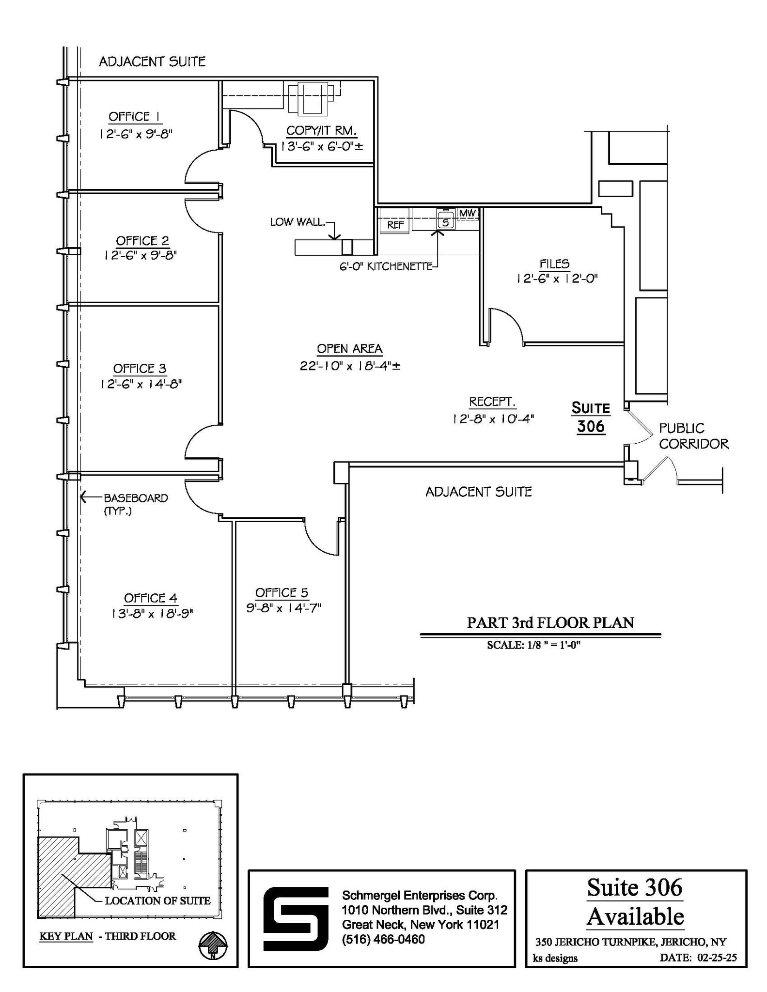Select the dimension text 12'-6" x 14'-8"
pyautogui.click(x=141, y=384)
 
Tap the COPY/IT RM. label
pyautogui.click(x=321, y=130)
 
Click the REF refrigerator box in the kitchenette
pyautogui.click(x=395, y=225)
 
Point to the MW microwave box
pyautogui.click(x=468, y=213)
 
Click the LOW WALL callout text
pyautogui.click(x=297, y=222)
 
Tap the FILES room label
pyautogui.click(x=555, y=264)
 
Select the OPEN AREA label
pyautogui.click(x=349, y=349)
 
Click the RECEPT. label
pyautogui.click(x=492, y=402)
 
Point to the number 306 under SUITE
pyautogui.click(x=591, y=426)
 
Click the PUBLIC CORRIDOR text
pyautogui.click(x=693, y=436)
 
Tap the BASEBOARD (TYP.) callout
pyautogui.click(x=135, y=504)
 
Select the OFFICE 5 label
pyautogui.click(x=282, y=592)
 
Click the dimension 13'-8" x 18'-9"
pyautogui.click(x=152, y=613)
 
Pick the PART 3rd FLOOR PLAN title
pyautogui.click(x=550, y=622)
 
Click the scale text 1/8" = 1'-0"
pyautogui.click(x=533, y=645)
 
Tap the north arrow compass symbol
pyautogui.click(x=213, y=945)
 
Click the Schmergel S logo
pyautogui.click(x=295, y=918)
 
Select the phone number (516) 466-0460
pyautogui.click(x=383, y=940)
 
